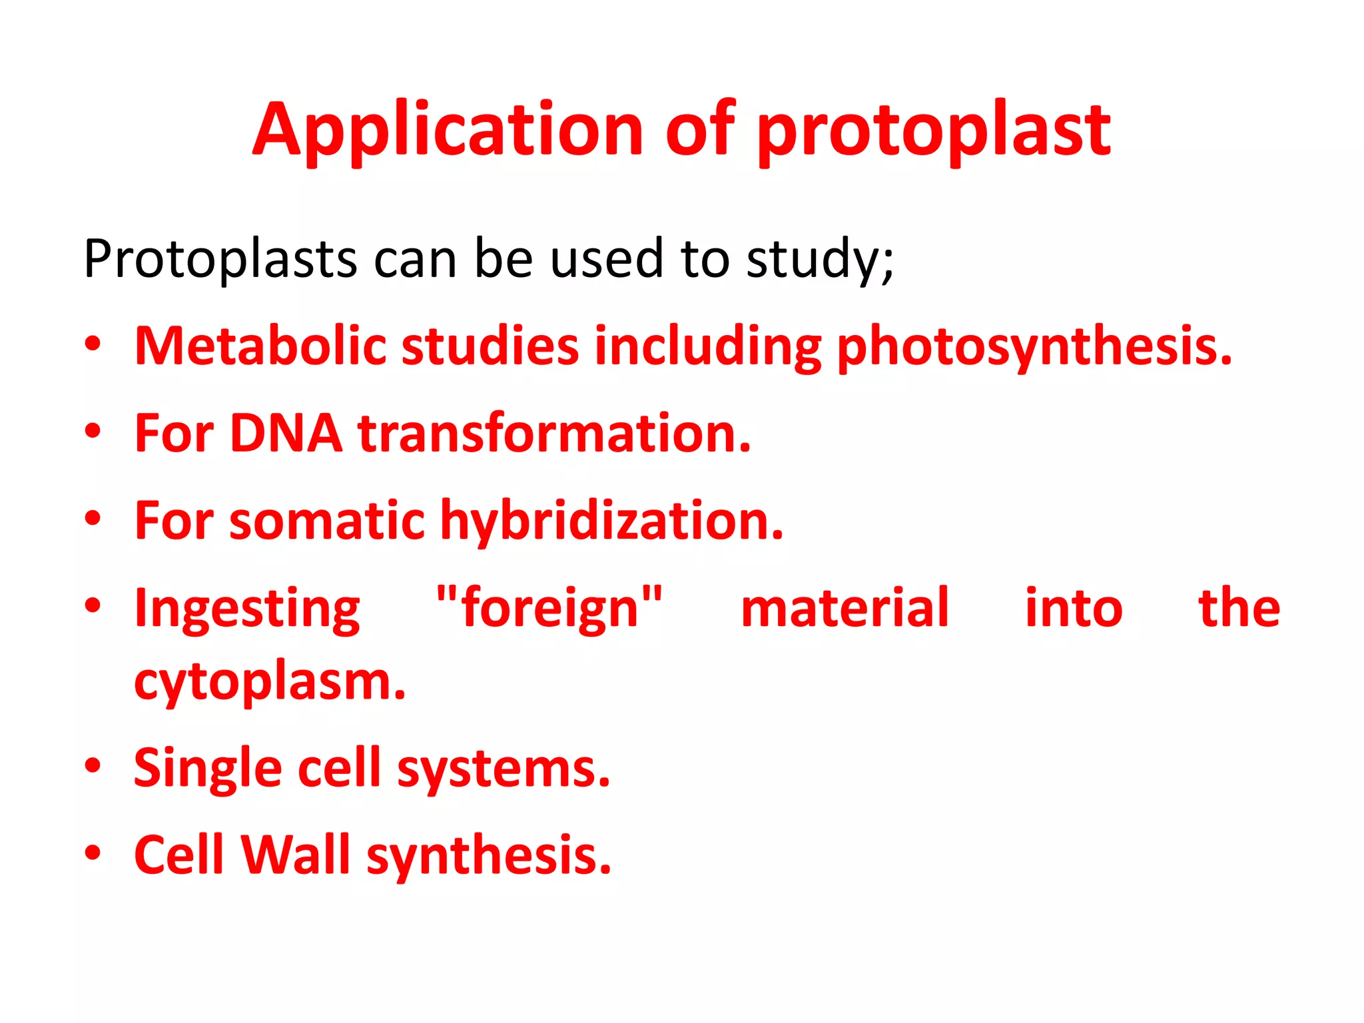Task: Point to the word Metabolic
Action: click(x=260, y=346)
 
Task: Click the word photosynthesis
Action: click(x=1034, y=346)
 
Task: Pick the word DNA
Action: click(x=286, y=434)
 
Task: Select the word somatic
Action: click(x=327, y=521)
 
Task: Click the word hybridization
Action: click(x=612, y=521)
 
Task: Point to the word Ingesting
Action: click(x=247, y=608)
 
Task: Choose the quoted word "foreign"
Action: click(x=549, y=608)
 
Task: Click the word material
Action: click(x=845, y=608)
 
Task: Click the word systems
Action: click(x=504, y=769)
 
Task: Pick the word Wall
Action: click(x=295, y=856)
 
